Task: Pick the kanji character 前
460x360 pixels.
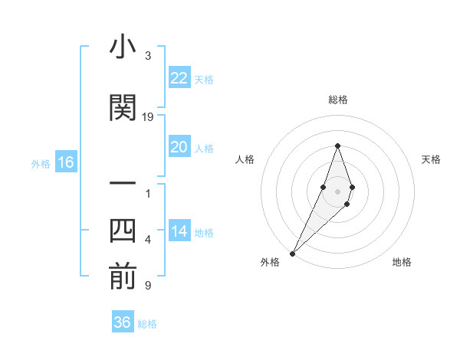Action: click(x=123, y=277)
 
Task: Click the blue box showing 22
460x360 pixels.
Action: click(x=179, y=78)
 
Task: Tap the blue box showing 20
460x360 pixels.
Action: click(x=179, y=148)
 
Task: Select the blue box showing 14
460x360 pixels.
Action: click(x=179, y=232)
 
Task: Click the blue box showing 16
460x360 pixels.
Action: click(x=65, y=162)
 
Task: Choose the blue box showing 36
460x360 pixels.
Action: click(x=123, y=322)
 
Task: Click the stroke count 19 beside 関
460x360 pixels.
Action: click(x=149, y=116)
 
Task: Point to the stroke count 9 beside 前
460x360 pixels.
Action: click(x=147, y=286)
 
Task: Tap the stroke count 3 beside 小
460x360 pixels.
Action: click(x=147, y=56)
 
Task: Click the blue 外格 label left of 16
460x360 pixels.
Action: click(x=41, y=163)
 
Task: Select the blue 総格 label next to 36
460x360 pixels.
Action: click(x=147, y=323)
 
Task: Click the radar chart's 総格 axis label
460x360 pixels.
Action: click(x=337, y=100)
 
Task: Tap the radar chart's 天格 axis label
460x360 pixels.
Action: click(x=431, y=159)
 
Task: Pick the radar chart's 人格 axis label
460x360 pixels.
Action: click(x=245, y=159)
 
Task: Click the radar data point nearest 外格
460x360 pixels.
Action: click(x=292, y=253)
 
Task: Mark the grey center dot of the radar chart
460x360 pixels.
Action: click(x=337, y=191)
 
